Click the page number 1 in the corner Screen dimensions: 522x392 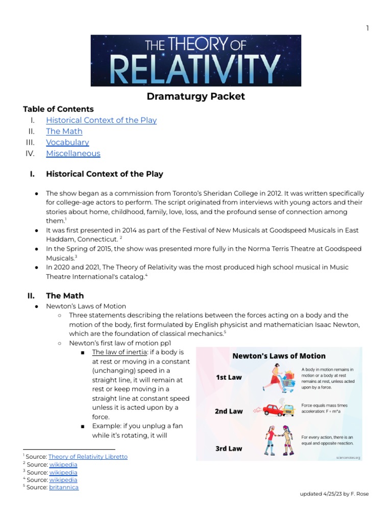pos(367,28)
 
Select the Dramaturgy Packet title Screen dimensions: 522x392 pos(196,96)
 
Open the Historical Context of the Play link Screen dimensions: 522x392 pos(101,120)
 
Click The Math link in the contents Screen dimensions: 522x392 pos(64,132)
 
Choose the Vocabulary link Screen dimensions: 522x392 pos(67,142)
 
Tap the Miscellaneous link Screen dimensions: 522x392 pos(73,153)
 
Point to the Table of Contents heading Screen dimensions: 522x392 pos(58,109)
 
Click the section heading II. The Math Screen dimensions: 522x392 pos(56,296)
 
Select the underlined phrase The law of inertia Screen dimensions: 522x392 pos(117,352)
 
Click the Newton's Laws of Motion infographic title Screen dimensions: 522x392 pos(279,356)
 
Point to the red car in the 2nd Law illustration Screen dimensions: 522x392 pos(274,409)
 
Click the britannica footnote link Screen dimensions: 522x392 pos(64,487)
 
